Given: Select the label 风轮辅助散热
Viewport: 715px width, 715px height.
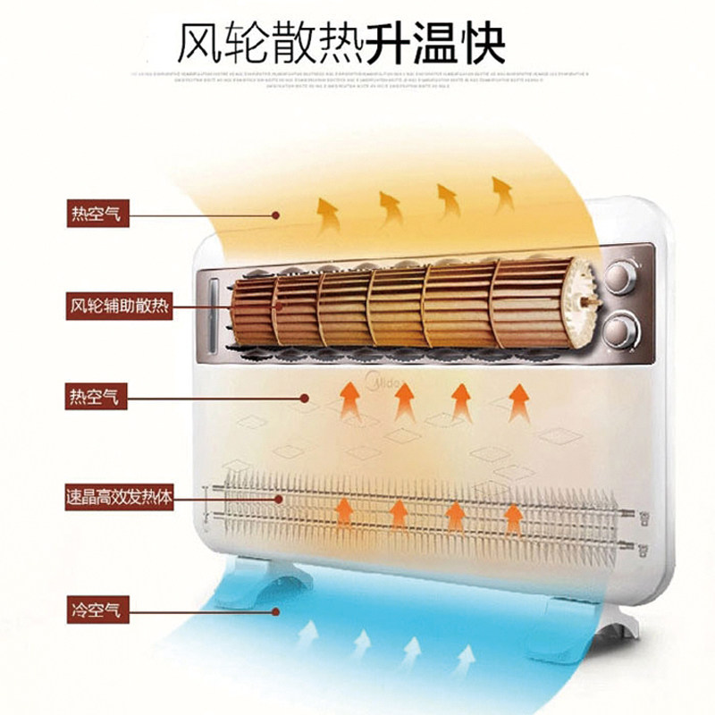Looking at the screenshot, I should point(120,305).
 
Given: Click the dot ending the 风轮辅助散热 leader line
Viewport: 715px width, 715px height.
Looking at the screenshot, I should point(278,306).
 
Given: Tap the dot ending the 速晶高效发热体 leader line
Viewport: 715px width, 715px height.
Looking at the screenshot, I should point(278,497).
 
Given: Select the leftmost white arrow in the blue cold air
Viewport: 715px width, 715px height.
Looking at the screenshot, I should point(307,637).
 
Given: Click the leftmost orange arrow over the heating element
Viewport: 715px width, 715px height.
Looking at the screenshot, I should point(342,514).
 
